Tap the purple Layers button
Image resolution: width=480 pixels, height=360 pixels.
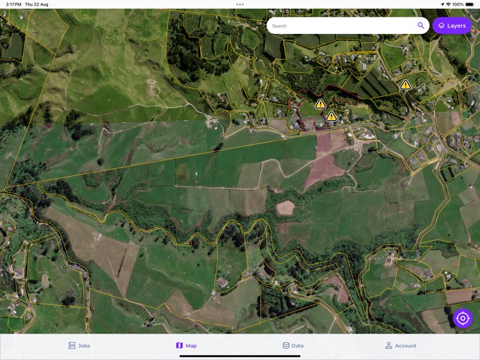point(452,26)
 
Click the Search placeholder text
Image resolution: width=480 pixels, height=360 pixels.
point(280,26)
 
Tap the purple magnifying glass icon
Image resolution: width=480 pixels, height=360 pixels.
point(420,26)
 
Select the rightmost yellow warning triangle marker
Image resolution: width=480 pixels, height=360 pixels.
point(405,85)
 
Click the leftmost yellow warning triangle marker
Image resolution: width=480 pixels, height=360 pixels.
point(321,104)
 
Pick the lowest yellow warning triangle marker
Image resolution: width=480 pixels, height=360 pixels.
point(331,117)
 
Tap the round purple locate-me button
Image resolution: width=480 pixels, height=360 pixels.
point(463,318)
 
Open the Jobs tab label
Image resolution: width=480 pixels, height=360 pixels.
point(84,346)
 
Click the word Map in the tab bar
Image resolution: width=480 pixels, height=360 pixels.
point(191,346)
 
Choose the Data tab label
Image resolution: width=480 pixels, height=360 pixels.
point(298,346)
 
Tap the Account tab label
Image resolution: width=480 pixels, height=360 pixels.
point(406,346)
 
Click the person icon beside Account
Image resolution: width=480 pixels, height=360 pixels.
point(388,345)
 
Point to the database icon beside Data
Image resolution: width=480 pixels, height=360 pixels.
point(286,345)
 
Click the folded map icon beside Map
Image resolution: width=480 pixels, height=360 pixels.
point(179,345)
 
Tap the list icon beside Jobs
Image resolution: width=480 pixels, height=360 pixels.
point(72,345)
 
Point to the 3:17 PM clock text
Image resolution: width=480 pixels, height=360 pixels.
point(13,4)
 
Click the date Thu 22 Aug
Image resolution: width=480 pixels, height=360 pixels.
point(36,4)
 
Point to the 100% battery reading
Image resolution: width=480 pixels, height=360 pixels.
point(458,4)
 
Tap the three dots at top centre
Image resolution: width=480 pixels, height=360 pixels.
point(240,4)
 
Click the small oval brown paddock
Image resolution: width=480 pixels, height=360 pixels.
point(285,208)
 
